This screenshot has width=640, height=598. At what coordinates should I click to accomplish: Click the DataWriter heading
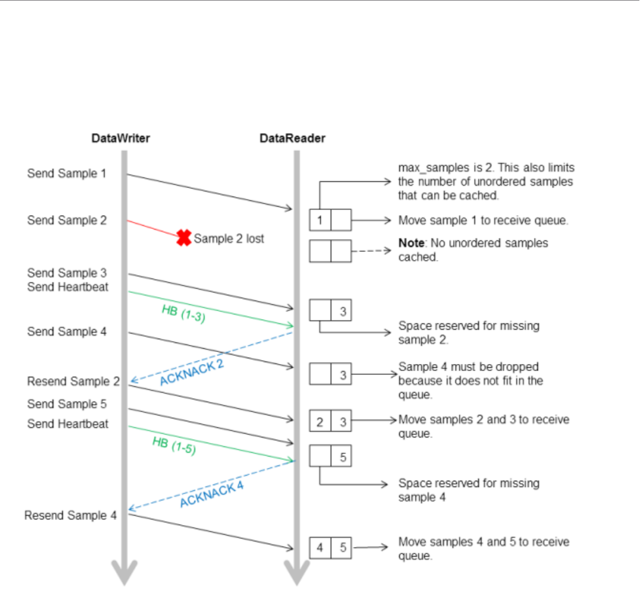tap(120, 138)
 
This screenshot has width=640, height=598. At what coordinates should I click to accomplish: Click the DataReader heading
tap(292, 138)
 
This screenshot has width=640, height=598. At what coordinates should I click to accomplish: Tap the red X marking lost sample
tap(184, 238)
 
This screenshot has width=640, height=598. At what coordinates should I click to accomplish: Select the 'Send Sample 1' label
tap(67, 173)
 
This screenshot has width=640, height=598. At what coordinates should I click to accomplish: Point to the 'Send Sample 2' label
tap(67, 220)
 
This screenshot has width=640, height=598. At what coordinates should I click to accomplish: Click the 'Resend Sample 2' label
tap(73, 381)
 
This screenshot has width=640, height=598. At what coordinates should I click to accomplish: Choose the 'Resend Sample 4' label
tap(70, 516)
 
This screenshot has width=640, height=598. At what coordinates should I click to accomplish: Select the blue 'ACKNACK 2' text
tap(192, 373)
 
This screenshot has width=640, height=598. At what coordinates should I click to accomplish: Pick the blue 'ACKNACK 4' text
tap(212, 493)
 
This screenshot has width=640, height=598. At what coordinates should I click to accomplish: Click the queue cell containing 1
tap(320, 221)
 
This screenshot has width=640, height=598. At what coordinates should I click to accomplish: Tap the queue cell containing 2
tap(320, 420)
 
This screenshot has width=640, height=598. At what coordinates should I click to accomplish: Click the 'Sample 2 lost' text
tap(229, 238)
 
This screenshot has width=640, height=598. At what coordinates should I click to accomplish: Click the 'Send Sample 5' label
tap(67, 404)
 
